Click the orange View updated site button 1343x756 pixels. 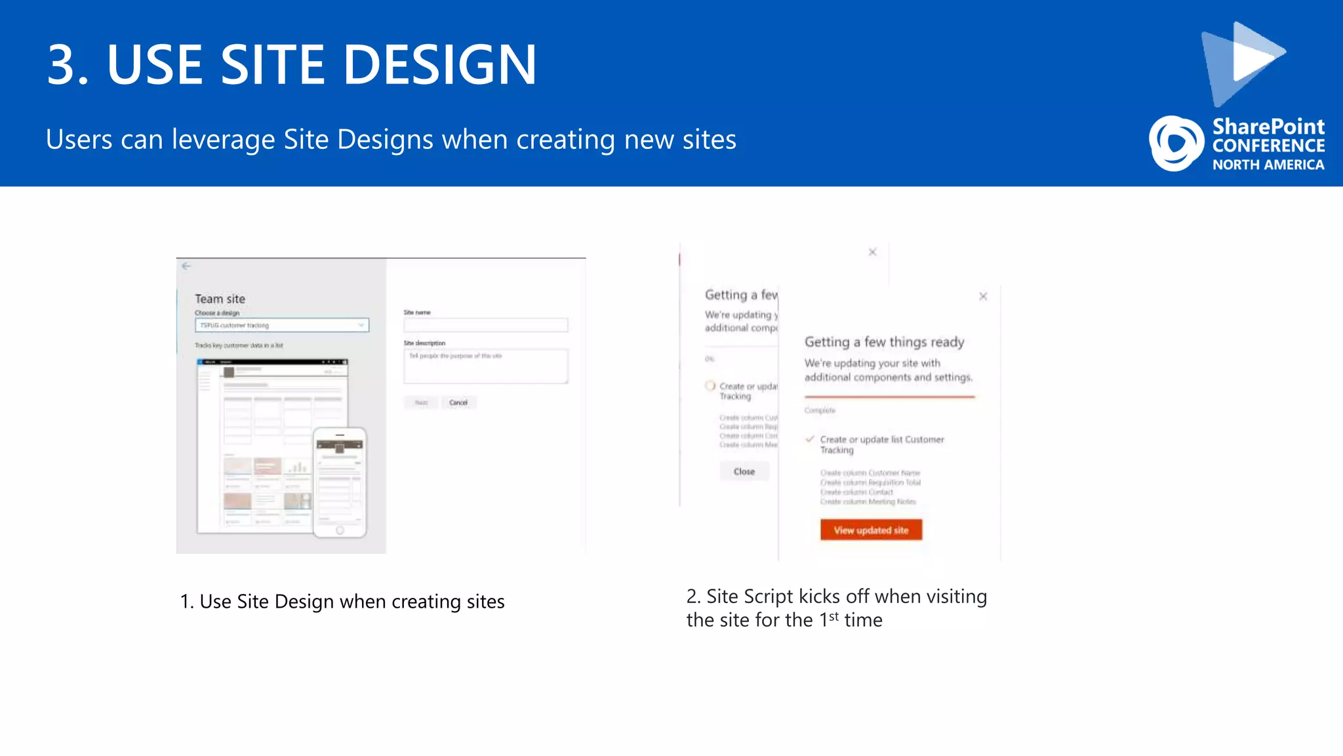[871, 530]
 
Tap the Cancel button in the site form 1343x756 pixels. [458, 402]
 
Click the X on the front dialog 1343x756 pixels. [983, 297]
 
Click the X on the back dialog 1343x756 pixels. [872, 252]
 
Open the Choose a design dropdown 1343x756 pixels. [282, 325]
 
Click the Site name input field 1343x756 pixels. [485, 325]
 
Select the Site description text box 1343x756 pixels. [485, 366]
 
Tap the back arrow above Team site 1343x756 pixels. [186, 266]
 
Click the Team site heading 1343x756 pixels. [220, 299]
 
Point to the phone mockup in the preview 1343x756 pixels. [340, 482]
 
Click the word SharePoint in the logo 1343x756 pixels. [1268, 126]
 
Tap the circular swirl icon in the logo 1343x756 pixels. [1176, 143]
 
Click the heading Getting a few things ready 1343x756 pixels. [884, 342]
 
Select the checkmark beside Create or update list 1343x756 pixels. [810, 439]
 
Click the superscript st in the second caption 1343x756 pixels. [833, 616]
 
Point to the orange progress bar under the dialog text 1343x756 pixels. [889, 396]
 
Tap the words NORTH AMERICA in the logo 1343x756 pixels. [1268, 165]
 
